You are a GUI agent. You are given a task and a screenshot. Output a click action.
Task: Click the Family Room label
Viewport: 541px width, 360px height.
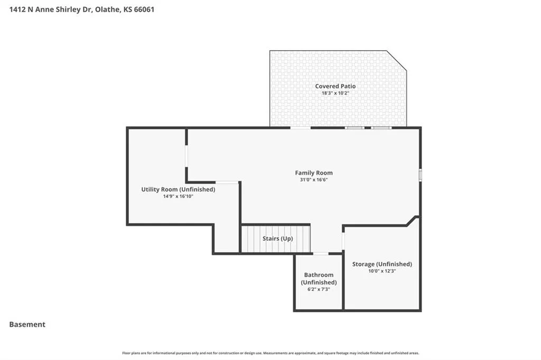pos(314,173)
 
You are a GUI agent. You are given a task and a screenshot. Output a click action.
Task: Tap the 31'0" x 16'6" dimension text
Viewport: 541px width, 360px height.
pos(314,179)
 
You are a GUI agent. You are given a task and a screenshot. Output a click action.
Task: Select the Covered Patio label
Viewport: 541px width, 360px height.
pos(335,86)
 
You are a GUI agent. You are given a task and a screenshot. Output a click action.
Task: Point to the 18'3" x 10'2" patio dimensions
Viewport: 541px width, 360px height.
pos(335,93)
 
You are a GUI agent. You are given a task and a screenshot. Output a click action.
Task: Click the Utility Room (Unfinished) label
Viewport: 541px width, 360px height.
pos(178,190)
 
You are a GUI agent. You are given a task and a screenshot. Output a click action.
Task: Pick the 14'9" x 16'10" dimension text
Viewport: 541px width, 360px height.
pos(178,196)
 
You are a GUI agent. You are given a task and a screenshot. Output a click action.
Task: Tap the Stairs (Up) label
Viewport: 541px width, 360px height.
pos(278,239)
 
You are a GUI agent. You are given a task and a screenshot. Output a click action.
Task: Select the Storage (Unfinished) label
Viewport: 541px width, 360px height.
pos(382,264)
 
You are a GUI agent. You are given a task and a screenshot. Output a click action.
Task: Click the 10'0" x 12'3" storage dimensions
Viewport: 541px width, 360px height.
pos(382,271)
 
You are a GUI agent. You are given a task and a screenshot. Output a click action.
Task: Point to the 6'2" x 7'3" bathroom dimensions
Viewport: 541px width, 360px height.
pos(319,289)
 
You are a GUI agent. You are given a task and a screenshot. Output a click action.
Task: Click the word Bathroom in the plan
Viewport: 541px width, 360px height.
pos(319,275)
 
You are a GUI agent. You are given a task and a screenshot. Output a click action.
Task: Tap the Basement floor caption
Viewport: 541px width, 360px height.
pos(27,325)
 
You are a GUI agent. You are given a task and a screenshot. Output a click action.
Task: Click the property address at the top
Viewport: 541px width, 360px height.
pos(82,10)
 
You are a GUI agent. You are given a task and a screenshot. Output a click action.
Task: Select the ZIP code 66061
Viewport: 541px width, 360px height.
pos(144,10)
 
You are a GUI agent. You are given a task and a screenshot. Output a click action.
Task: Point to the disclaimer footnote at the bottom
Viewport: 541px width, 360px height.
pos(270,353)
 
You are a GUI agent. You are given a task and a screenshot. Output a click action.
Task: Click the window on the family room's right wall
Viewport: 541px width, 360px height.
pos(420,175)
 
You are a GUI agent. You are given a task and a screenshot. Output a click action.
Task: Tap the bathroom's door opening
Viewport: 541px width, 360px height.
pos(321,254)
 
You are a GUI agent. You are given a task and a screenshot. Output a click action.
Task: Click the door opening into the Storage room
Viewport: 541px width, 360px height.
pos(343,241)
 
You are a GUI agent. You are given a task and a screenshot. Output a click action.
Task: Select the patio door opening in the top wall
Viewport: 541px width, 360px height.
pos(300,128)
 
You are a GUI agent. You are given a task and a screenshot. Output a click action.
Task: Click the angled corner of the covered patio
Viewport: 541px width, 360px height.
pos(396,61)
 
